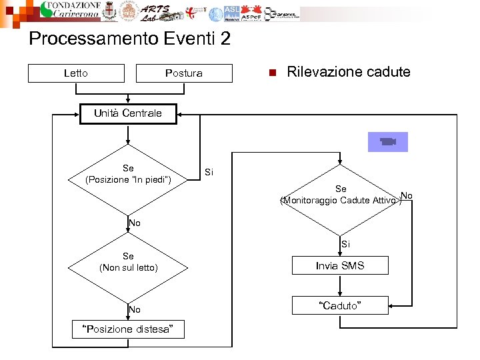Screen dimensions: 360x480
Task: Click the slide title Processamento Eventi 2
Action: coord(129,39)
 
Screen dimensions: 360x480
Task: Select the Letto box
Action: coord(76,73)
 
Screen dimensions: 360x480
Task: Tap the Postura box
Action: coord(184,73)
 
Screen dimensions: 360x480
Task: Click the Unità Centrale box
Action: coord(127,113)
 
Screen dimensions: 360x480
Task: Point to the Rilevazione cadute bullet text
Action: coord(348,72)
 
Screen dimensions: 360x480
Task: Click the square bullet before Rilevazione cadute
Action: coord(271,73)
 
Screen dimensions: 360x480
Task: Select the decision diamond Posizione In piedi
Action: coord(128,175)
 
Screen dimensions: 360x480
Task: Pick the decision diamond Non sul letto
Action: coord(128,262)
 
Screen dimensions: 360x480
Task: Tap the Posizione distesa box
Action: coord(127,329)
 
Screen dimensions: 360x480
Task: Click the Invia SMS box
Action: coord(340,266)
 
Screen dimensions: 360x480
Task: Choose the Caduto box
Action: coord(340,305)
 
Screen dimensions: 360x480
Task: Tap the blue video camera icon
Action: coord(387,142)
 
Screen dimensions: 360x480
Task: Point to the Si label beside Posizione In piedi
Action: coord(209,173)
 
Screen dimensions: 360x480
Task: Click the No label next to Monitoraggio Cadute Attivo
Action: coord(407,195)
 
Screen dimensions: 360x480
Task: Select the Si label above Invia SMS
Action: coord(345,245)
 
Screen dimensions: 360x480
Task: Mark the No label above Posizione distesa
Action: coord(135,309)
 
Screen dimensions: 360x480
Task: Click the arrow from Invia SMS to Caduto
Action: coord(340,285)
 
